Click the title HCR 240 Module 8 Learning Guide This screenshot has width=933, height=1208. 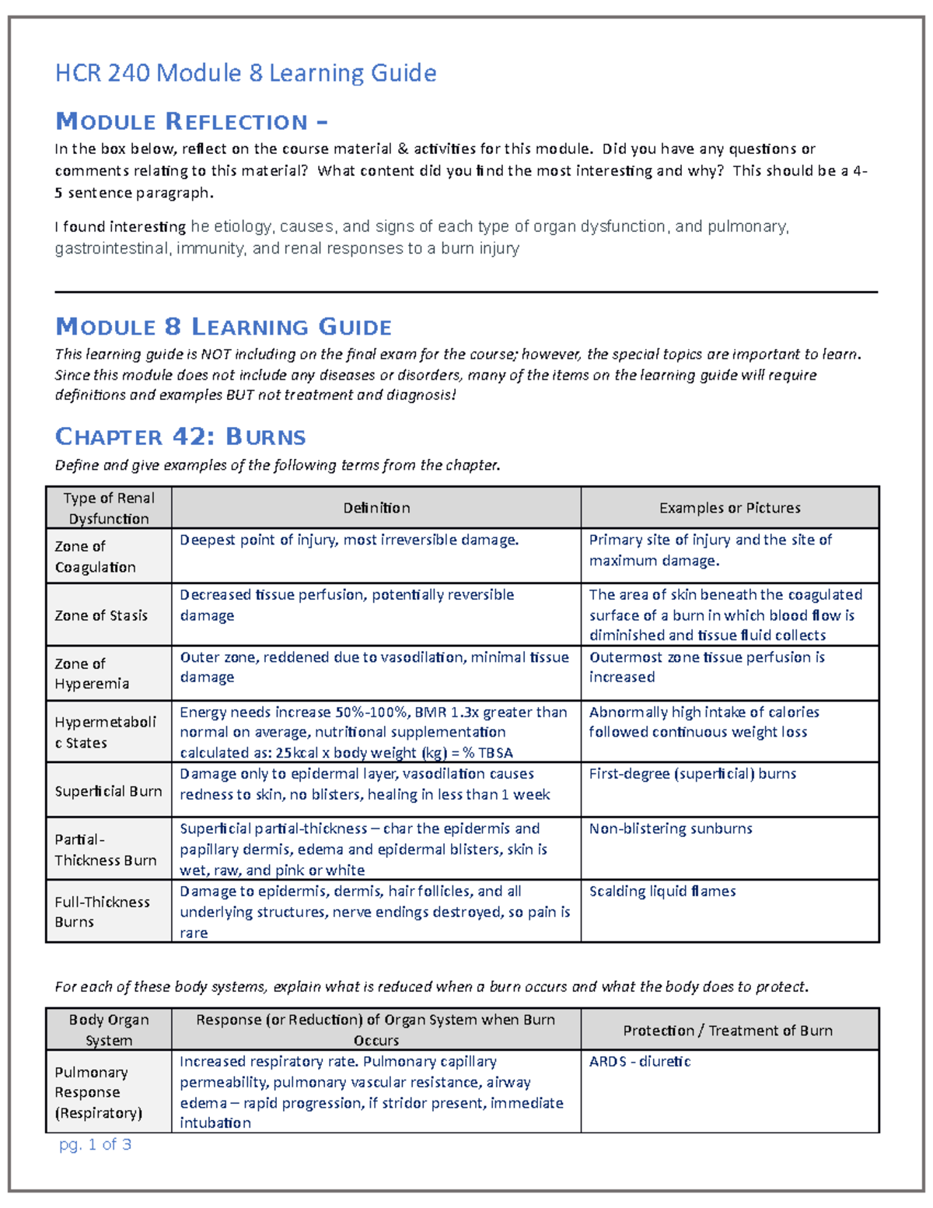coord(245,73)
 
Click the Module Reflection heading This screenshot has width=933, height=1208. coord(191,121)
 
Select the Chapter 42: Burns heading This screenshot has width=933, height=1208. coord(180,436)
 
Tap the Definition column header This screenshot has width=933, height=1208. coord(376,508)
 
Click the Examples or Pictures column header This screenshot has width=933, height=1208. coord(729,508)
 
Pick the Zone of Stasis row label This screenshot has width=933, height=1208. coord(101,615)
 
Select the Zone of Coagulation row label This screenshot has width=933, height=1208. coord(95,556)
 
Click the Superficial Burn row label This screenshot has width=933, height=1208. coord(108,791)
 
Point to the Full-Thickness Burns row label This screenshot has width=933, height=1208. coord(102,912)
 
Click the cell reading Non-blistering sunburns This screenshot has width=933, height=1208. coord(670,828)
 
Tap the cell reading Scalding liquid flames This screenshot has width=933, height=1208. coord(662,891)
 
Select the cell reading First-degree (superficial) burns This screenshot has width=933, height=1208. coord(692,774)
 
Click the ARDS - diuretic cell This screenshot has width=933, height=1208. coord(639,1062)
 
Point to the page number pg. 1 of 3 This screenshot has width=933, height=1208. coord(95,1144)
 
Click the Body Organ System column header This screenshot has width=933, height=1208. coord(109,1030)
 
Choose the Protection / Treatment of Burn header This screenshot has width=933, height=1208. coord(727,1031)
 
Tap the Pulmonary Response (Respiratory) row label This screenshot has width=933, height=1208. coord(98,1092)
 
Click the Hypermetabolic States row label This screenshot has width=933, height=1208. coord(105,732)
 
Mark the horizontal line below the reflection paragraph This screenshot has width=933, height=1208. coord(466,292)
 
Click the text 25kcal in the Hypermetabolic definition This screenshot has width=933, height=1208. coord(295,753)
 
